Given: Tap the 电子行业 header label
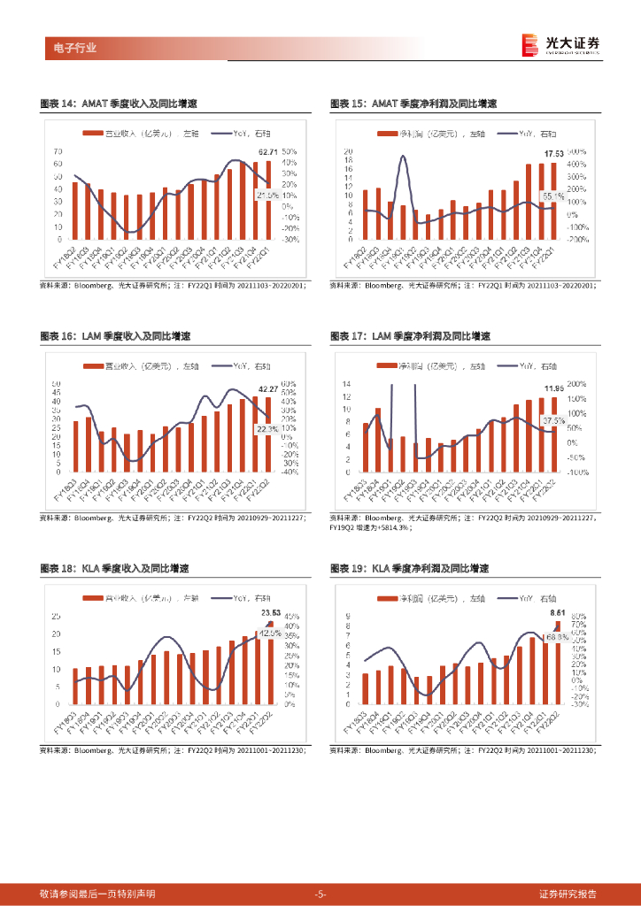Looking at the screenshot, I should (70, 48).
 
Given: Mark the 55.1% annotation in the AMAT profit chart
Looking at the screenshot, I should (552, 196).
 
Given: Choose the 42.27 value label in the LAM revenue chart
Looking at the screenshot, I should (267, 388).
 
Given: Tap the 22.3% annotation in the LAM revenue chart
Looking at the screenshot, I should (266, 429).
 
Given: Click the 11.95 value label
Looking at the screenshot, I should (553, 388).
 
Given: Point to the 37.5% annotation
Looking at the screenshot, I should (552, 420).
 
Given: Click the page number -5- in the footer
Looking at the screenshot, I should (320, 894).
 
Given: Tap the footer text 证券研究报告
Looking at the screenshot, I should (568, 894).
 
